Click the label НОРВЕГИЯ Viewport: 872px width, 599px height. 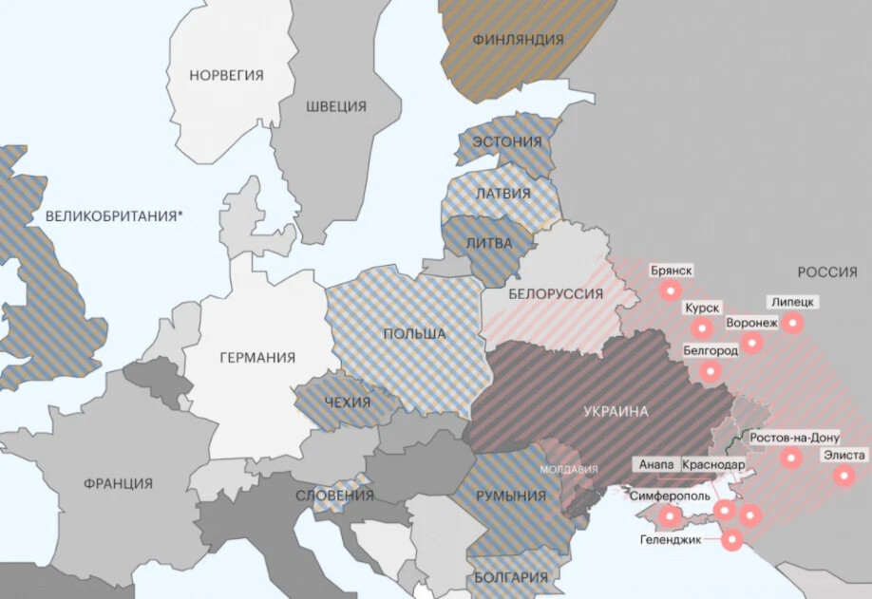click(226, 75)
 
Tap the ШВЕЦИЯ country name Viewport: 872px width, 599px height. click(335, 106)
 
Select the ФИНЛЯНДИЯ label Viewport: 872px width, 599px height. click(518, 40)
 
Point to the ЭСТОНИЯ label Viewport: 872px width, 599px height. click(507, 142)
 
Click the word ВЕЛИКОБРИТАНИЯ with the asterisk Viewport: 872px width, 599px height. click(113, 216)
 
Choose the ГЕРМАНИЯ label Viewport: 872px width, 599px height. click(256, 358)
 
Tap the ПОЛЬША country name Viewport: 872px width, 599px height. click(414, 334)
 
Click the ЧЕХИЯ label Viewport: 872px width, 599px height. click(347, 402)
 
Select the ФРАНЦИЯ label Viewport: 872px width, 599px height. click(117, 483)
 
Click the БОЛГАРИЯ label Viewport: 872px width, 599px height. click(512, 577)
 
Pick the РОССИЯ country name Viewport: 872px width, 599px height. click(826, 272)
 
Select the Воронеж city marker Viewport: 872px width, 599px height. click(751, 343)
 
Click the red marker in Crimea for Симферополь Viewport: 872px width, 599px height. click(671, 517)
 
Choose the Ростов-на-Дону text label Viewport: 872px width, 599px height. click(794, 438)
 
